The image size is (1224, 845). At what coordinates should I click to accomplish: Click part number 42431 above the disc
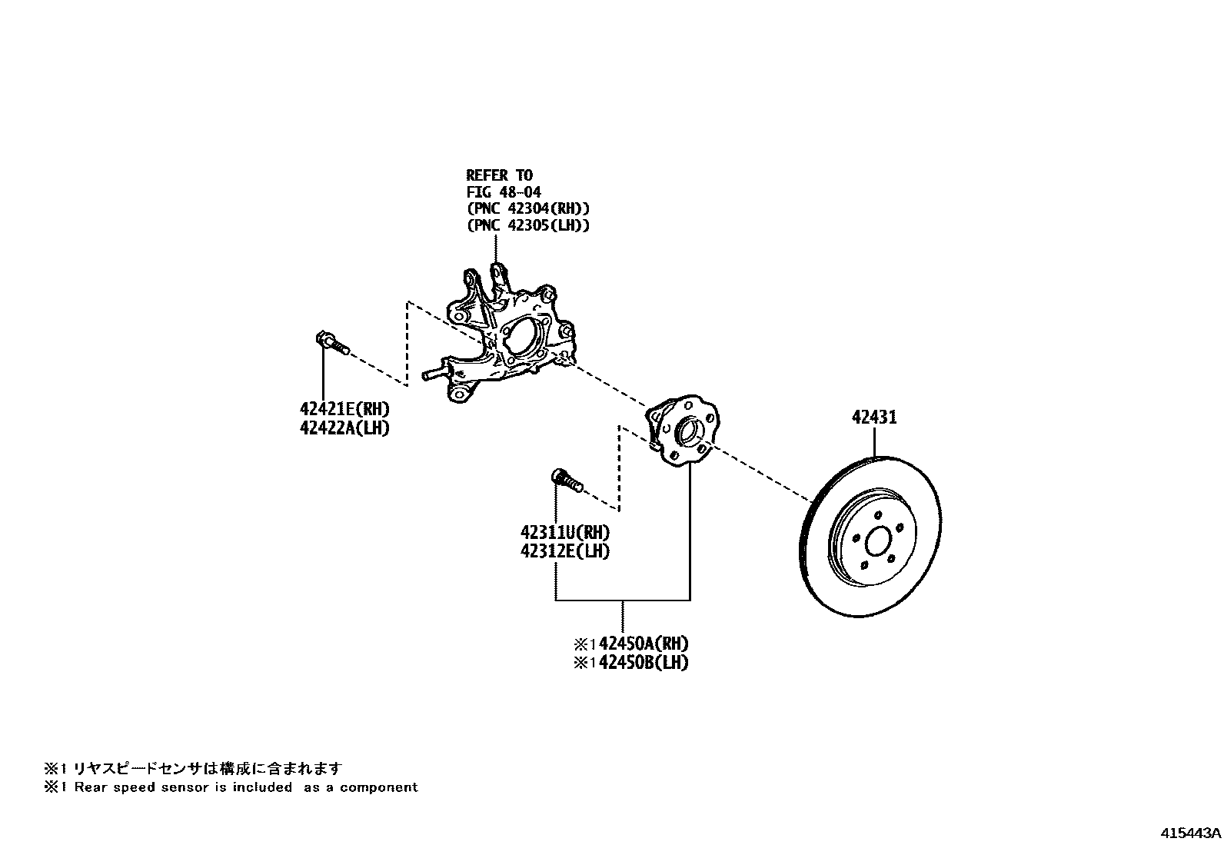874,418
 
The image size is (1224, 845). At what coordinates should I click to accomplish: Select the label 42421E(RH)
344,409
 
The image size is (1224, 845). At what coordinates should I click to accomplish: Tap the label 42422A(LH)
344,428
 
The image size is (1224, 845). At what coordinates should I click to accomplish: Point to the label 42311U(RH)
565,532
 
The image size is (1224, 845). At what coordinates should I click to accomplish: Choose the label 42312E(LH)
565,551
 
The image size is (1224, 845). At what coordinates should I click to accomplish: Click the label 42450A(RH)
643,644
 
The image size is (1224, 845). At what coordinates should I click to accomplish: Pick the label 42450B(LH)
643,663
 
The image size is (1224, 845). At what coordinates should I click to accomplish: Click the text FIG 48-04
504,192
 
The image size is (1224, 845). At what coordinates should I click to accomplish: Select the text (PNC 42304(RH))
527,208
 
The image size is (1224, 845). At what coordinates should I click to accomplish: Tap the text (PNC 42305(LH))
527,225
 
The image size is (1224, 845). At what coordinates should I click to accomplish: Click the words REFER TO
499,175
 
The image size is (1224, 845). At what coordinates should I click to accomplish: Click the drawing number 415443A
1190,833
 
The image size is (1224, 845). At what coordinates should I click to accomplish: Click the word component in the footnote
379,787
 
